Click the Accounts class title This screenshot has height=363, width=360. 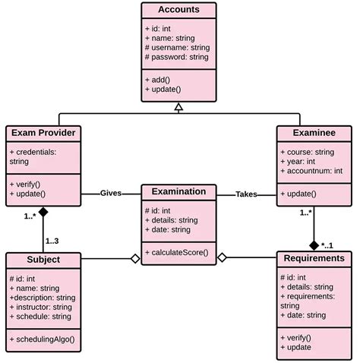[x=179, y=10]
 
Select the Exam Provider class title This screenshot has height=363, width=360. [x=43, y=133]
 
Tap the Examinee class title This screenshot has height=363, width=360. [x=314, y=133]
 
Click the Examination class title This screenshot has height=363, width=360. [x=178, y=192]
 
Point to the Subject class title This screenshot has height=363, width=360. [x=43, y=260]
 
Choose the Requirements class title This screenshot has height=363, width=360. [x=315, y=258]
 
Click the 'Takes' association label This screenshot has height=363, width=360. [x=245, y=194]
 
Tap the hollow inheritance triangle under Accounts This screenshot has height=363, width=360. [x=178, y=108]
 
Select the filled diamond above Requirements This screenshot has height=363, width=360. [x=314, y=245]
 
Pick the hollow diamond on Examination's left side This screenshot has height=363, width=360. [x=135, y=259]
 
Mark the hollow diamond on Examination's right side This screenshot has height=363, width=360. [x=222, y=259]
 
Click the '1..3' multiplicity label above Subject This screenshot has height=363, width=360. [x=52, y=241]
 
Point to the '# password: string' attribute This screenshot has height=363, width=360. [x=178, y=57]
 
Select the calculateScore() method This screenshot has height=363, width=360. [x=178, y=251]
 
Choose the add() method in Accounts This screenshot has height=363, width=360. [x=161, y=79]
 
